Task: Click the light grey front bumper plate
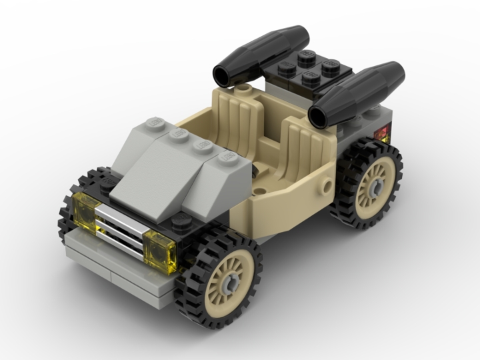click(x=120, y=267)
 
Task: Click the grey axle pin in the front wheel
click(x=230, y=283)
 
